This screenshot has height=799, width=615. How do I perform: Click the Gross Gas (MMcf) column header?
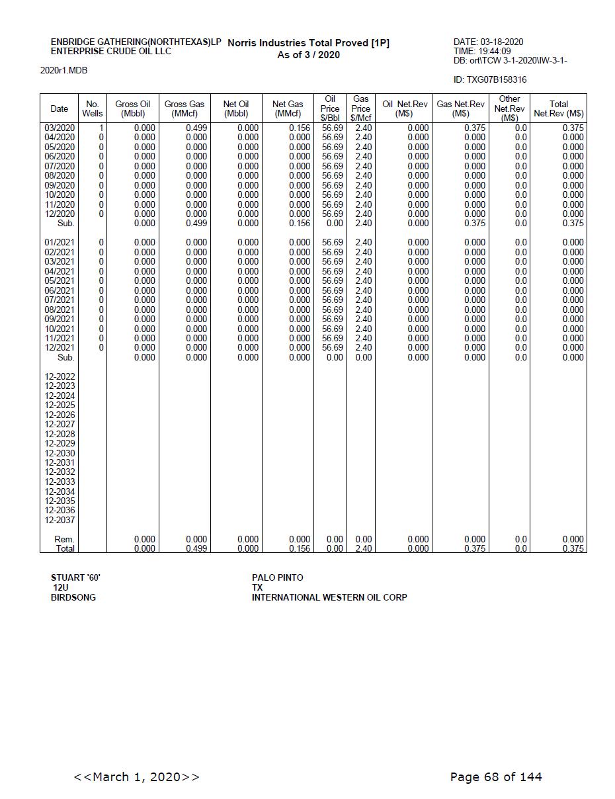click(x=184, y=108)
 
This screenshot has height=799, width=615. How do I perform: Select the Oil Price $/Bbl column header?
click(x=330, y=108)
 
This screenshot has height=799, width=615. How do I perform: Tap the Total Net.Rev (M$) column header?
click(x=559, y=108)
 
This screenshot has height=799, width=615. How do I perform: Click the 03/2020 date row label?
click(x=60, y=128)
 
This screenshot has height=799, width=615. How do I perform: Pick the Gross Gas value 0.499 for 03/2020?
click(x=196, y=128)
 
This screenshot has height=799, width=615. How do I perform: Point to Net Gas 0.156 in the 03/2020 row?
click(x=300, y=128)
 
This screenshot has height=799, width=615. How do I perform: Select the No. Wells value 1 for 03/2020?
click(x=101, y=128)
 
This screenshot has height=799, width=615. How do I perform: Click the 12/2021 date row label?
click(x=60, y=347)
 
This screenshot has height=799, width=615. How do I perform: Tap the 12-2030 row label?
click(x=60, y=453)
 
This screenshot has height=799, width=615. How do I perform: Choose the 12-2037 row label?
click(x=60, y=520)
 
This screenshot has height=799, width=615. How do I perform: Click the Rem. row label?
click(x=64, y=539)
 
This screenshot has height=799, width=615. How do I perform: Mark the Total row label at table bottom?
click(x=65, y=548)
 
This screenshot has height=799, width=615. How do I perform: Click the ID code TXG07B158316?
click(x=490, y=80)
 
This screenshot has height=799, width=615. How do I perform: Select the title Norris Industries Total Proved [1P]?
click(x=308, y=43)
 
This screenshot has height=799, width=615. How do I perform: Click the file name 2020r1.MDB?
click(x=63, y=70)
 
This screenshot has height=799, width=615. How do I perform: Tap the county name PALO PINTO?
click(x=277, y=577)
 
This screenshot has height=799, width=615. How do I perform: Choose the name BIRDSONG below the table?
click(x=73, y=597)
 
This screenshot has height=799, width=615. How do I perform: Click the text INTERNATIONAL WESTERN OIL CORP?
click(x=329, y=597)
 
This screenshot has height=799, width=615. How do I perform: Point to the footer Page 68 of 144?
click(x=496, y=777)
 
